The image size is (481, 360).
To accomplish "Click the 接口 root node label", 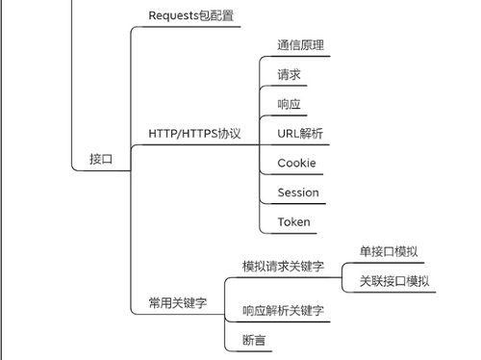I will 101,160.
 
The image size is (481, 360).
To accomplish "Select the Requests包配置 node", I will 190,15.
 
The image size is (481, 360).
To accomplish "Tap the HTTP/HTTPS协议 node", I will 194,133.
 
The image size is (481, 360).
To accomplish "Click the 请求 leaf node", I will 290,74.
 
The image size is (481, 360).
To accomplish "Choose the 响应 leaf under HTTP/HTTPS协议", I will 290,103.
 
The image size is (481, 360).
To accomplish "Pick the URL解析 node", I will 301,133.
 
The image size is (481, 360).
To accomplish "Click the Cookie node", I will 296,163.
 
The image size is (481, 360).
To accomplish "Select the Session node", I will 297,193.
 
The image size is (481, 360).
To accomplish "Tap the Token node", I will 293,222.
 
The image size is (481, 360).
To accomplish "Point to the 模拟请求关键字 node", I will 283,266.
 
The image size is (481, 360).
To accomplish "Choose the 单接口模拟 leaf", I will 389,251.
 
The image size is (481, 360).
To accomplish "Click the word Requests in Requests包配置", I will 172,15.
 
